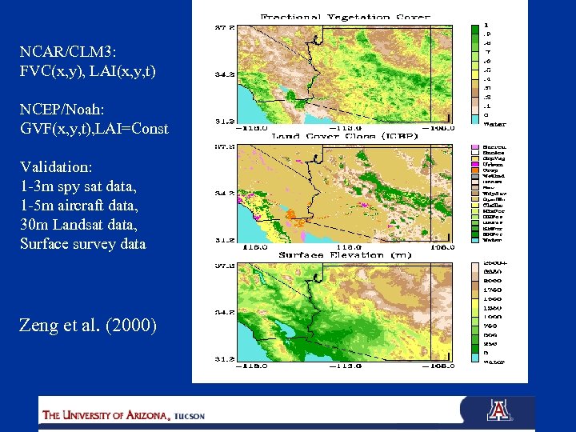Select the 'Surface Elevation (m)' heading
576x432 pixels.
click(346, 254)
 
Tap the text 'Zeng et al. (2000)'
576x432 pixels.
click(88, 326)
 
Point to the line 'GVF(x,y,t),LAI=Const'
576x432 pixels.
click(94, 128)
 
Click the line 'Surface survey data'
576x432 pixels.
click(82, 244)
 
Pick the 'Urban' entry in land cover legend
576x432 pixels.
click(494, 165)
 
